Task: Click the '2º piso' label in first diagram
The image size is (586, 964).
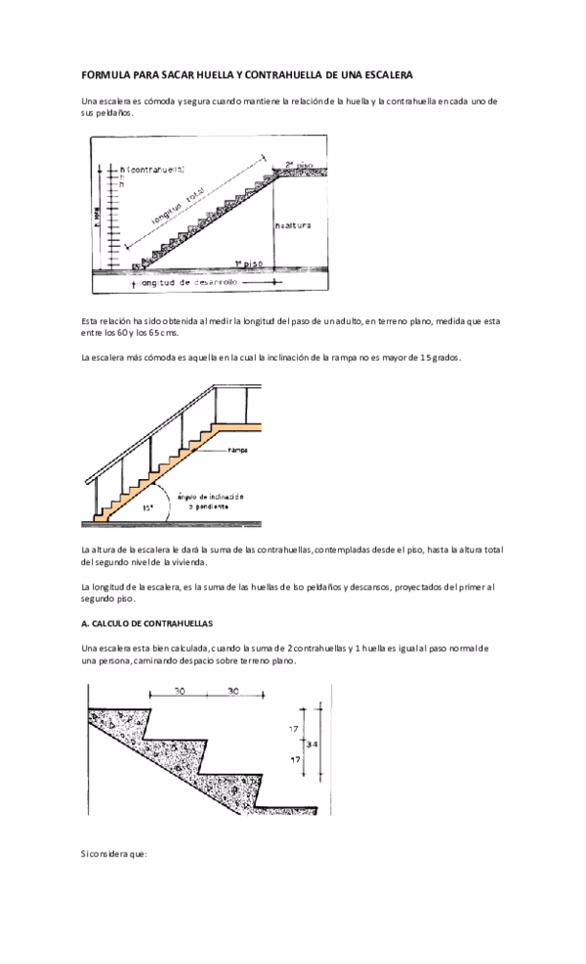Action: pyautogui.click(x=298, y=165)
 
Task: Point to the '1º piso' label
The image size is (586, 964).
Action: pyautogui.click(x=248, y=263)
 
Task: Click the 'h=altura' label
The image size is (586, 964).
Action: pyautogui.click(x=294, y=224)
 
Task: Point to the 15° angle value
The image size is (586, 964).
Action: pyautogui.click(x=147, y=507)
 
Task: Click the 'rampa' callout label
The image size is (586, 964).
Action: pyautogui.click(x=236, y=450)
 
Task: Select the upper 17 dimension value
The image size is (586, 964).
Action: pyautogui.click(x=293, y=729)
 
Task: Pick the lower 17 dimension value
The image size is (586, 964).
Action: pyautogui.click(x=293, y=758)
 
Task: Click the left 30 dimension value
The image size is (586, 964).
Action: pyautogui.click(x=179, y=691)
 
